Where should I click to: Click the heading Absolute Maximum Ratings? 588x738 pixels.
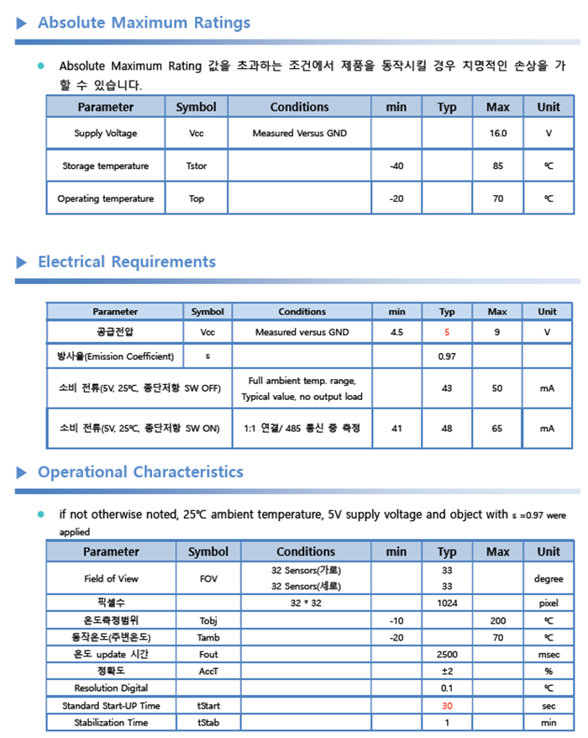144,23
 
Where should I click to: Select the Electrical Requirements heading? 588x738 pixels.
126,262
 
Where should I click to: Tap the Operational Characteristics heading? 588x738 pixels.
140,472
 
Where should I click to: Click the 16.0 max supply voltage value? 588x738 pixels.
498,134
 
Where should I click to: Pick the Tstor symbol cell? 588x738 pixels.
196,166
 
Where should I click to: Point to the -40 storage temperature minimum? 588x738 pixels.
396,166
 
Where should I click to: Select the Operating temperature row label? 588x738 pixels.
106,199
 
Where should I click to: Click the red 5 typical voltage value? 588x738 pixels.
447,333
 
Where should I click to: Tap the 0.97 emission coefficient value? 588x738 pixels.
447,356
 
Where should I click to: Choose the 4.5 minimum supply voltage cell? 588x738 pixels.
396,333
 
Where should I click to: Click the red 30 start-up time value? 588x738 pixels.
447,706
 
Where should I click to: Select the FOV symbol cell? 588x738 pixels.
208,579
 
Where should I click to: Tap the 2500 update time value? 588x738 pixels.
447,654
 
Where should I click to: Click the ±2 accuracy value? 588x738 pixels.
447,672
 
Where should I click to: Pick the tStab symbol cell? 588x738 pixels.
208,723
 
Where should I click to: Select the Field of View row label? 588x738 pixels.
111,579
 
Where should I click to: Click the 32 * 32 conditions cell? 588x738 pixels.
307,604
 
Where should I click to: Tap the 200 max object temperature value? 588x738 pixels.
498,620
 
